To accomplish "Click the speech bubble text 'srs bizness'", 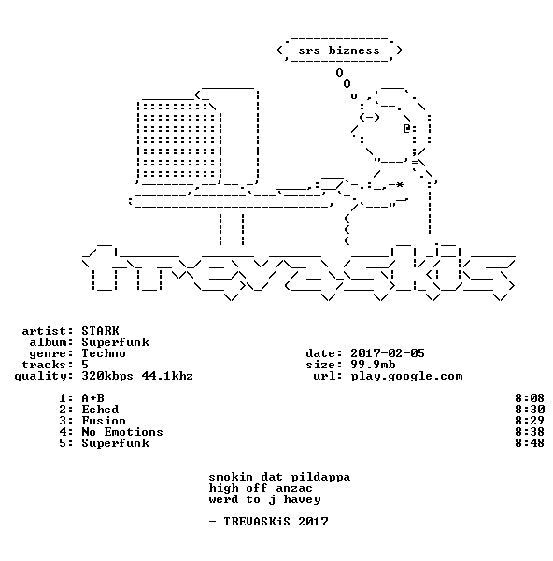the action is pos(339,50).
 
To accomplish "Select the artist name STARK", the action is pos(100,331).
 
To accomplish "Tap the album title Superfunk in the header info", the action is pos(115,343).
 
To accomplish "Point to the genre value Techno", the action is pos(104,353).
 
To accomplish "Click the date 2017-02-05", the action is pos(387,353).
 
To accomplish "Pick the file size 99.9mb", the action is pos(373,365).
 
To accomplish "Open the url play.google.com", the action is pos(406,377).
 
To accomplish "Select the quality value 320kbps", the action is pos(107,377).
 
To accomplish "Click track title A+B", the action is pos(92,398).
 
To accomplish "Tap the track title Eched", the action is pos(100,410).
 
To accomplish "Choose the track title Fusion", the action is pos(104,421).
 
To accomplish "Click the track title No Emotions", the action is pos(122,432).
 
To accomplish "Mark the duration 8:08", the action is pos(530,398).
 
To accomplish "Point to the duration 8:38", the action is pos(530,432).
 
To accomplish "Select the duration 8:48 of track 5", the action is pos(530,443).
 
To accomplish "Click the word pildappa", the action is pos(320,477).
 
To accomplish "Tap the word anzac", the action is pos(294,488).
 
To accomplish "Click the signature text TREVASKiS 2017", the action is pos(276,522).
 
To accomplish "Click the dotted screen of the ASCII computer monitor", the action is pos(179,140).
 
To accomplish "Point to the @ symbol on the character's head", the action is pos(406,128).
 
